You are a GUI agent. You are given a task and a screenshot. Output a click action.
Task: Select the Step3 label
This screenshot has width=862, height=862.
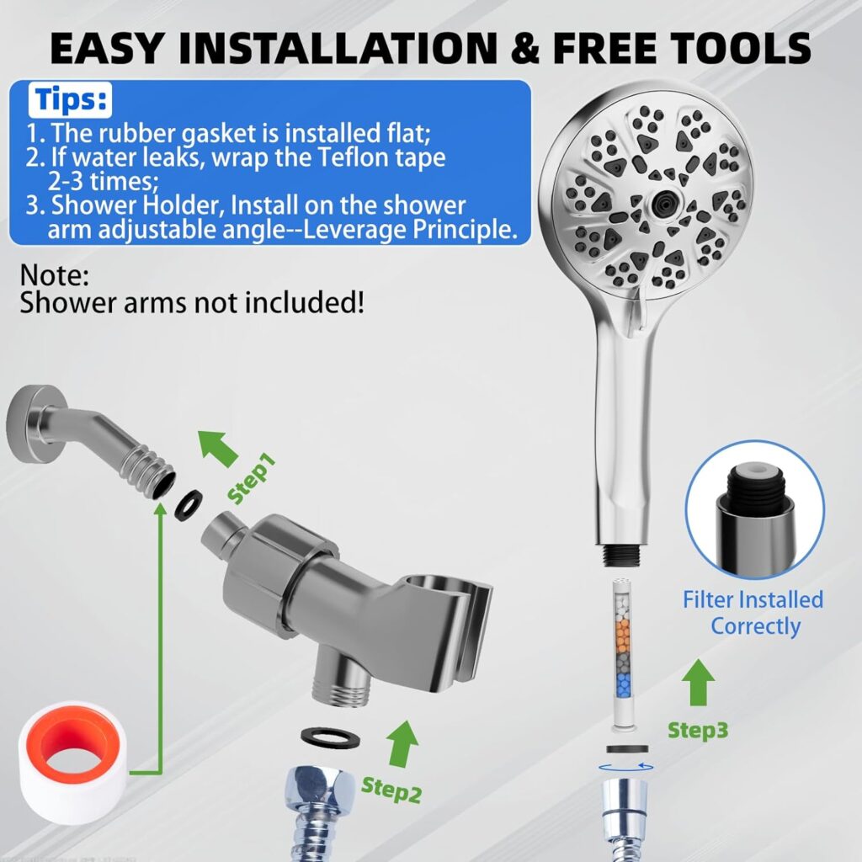[x=698, y=730]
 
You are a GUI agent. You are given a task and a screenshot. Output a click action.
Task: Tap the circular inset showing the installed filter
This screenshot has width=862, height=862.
[x=754, y=508]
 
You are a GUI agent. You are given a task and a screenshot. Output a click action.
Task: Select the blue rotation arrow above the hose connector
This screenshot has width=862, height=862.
[x=624, y=766]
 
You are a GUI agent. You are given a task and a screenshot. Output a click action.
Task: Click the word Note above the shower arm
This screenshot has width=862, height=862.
[x=54, y=276]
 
